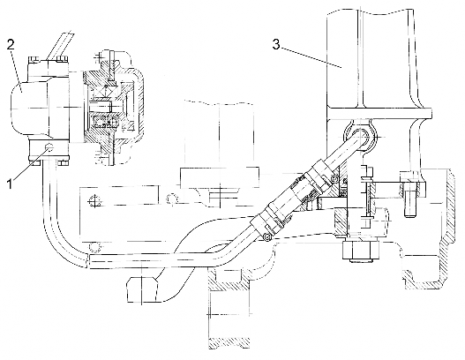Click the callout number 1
pos(10,184)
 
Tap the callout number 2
pos(11,45)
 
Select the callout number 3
pos(276,44)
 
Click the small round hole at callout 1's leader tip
pos(49,146)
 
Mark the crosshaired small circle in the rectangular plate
pos(94,202)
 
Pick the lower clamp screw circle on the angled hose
pos(267,237)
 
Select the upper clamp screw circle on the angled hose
pos(334,178)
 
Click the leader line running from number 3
pos(311,57)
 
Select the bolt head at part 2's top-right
pos(62,59)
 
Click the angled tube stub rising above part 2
pos(59,45)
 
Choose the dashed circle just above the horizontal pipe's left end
pos(94,247)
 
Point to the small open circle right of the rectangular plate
pos(172,199)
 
